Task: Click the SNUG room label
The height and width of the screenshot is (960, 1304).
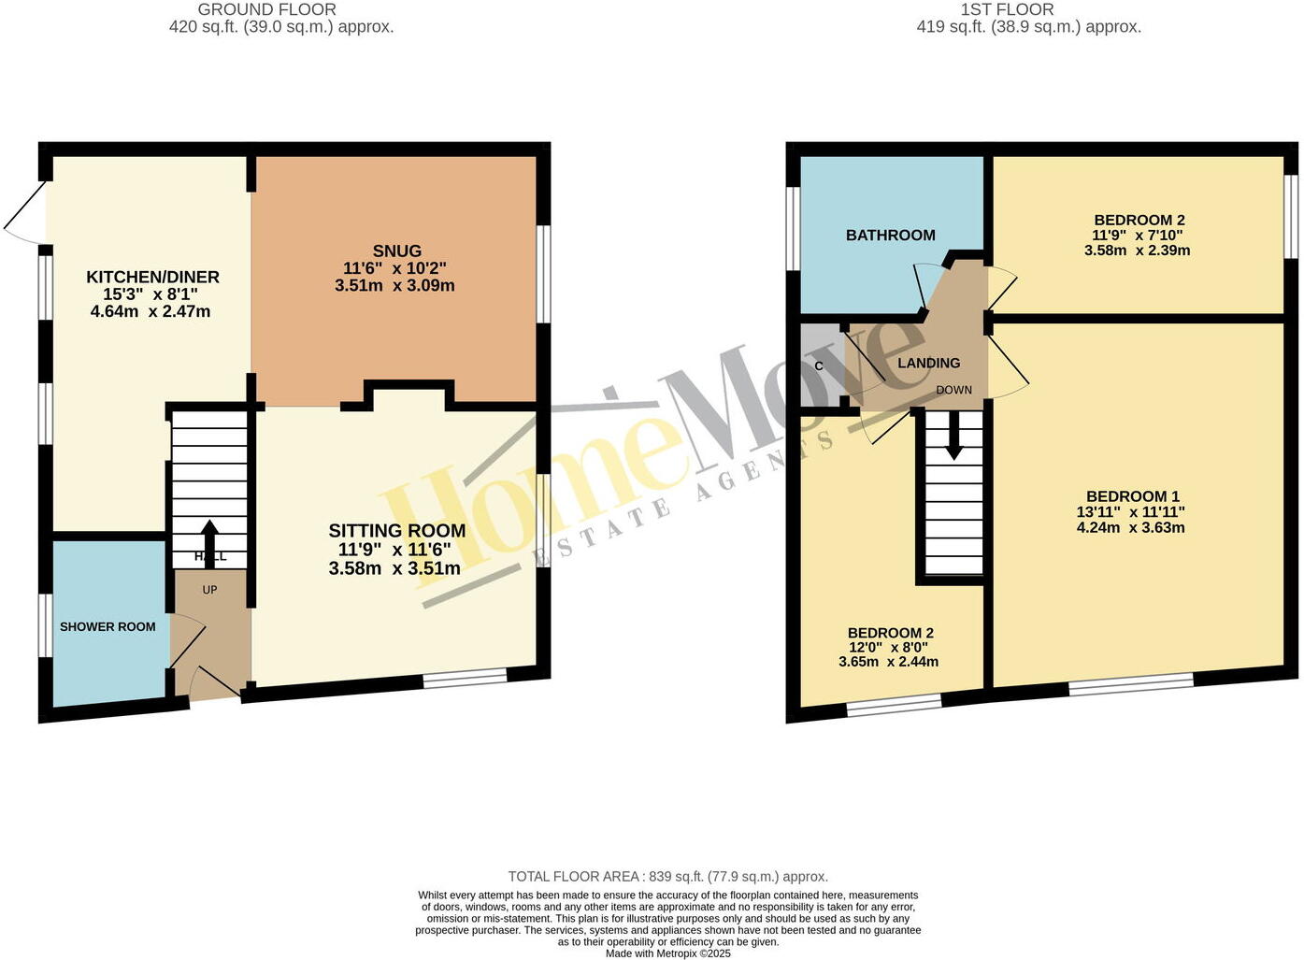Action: [396, 251]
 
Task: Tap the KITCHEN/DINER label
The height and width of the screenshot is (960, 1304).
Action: [152, 277]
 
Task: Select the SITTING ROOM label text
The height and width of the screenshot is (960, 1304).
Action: [396, 531]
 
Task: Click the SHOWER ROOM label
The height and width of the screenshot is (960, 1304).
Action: [107, 626]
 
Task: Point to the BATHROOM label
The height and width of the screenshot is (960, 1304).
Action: [890, 236]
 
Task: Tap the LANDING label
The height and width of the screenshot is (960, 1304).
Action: [928, 363]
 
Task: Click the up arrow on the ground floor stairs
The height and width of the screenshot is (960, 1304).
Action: [208, 537]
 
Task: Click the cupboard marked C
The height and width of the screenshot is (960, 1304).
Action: [820, 365]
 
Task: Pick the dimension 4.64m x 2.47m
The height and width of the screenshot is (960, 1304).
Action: [150, 311]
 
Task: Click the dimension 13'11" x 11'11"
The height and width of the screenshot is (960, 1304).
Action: [1131, 512]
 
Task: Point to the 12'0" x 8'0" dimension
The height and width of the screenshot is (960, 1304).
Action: [889, 648]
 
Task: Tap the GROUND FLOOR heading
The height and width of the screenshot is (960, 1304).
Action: [266, 9]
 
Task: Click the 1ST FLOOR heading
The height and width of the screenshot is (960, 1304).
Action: [1007, 9]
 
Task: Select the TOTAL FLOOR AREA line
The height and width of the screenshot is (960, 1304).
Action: [667, 877]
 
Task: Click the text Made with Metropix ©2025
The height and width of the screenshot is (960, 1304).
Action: [667, 953]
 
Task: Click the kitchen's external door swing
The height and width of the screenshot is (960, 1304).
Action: [26, 215]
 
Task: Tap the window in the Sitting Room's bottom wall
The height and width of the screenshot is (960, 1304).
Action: [465, 680]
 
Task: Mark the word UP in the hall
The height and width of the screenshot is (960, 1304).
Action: [209, 590]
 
